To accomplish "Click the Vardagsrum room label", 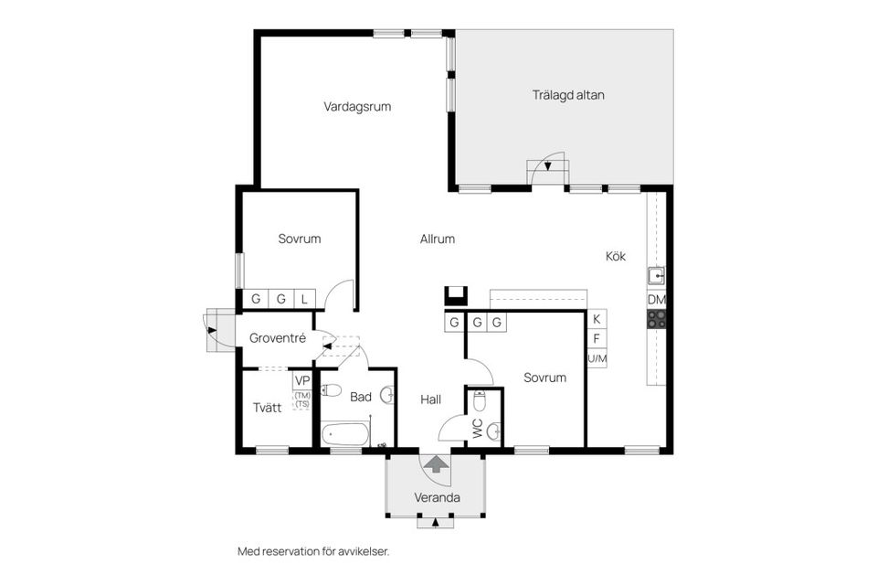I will tap(357, 106).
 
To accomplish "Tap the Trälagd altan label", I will tap(568, 94).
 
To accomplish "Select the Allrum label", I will tap(437, 239).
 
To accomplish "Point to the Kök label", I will tap(616, 257).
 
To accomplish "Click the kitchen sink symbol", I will tap(656, 274).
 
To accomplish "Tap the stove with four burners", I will tap(656, 318).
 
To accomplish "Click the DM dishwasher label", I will tap(656, 299).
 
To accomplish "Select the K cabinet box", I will tap(597, 319).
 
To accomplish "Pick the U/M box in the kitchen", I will tap(597, 358).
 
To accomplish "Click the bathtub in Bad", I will tap(344, 432).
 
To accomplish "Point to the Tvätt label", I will tap(267, 409).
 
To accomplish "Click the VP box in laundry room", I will tap(301, 380).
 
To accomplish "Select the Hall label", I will tap(430, 399).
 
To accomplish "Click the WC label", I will tap(477, 425).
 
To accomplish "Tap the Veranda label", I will tap(436, 498).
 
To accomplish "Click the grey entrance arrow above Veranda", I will tap(436, 464).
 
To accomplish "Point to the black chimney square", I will tap(455, 295).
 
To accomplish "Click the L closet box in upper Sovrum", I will tap(304, 298).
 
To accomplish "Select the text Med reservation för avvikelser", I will tap(320, 551).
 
